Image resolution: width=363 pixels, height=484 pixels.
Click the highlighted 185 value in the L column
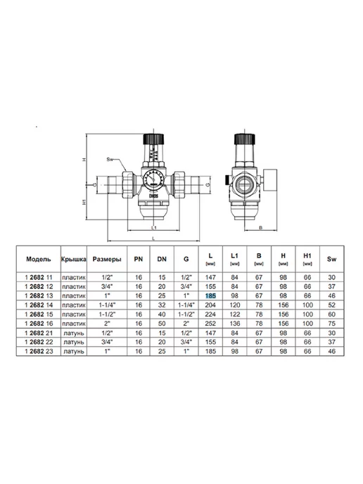pos(210,295)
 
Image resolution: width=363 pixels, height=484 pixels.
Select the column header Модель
pos(39,259)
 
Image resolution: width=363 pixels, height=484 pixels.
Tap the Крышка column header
pos(74,259)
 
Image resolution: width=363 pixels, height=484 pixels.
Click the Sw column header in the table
pos(332,259)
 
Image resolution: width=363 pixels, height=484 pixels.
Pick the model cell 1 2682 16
pos(39,324)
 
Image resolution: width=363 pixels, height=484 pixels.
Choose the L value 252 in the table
pos(210,324)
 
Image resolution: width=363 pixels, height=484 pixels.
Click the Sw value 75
pos(332,324)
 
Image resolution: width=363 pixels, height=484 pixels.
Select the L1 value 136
pos(235,324)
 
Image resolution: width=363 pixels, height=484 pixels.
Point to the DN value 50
pos(162,324)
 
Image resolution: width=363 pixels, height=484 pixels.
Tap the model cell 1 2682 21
pos(39,333)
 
